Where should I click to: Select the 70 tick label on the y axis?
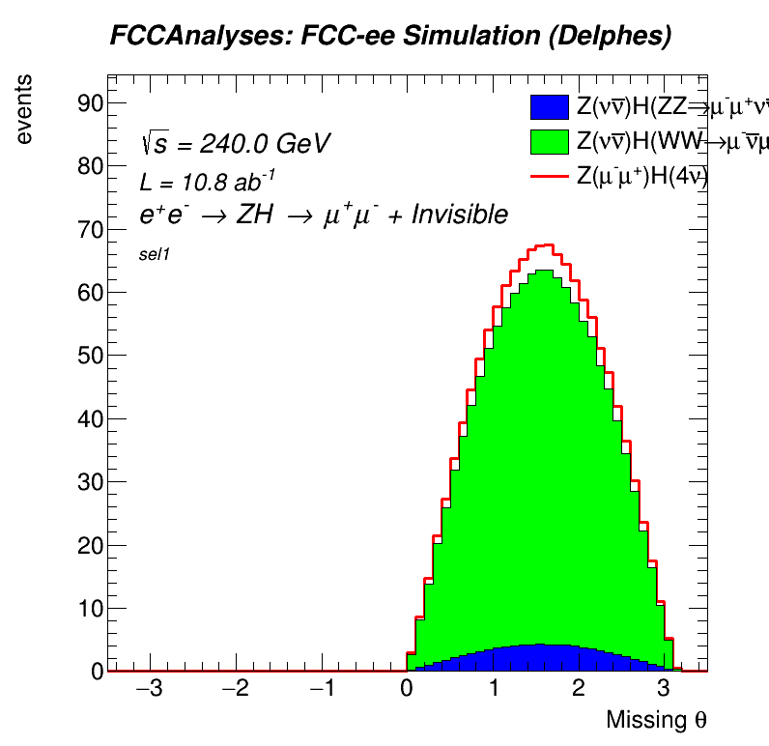90,229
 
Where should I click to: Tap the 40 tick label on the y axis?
90,418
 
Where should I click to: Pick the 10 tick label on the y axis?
90,608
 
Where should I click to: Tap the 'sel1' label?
156,255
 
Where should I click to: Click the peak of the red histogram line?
545,245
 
